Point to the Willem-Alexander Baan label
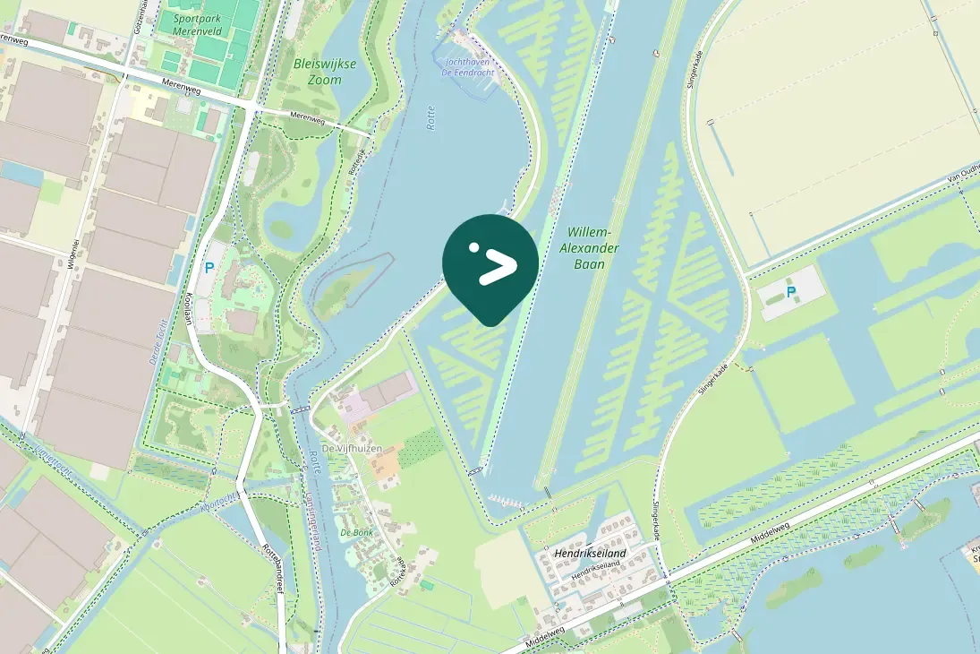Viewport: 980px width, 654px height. [592, 247]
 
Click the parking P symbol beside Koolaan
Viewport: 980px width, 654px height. [209, 267]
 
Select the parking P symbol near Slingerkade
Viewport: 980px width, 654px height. [791, 292]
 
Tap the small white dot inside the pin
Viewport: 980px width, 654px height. [474, 248]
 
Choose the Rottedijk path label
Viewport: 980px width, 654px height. [356, 161]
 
